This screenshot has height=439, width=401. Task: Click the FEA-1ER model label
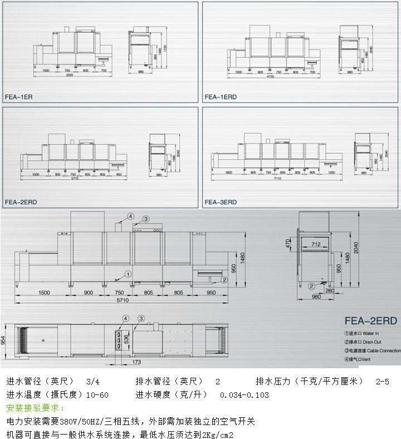pos(19,96)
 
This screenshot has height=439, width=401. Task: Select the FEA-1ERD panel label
pos(221,96)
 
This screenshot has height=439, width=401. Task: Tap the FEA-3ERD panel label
pos(221,202)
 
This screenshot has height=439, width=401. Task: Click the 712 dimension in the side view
pos(316,244)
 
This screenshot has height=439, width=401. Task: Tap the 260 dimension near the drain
pos(331,290)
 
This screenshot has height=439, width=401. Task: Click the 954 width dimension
pos(3,340)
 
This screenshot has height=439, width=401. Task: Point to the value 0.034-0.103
pos(244,396)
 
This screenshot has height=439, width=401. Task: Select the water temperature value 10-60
pos(96,396)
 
